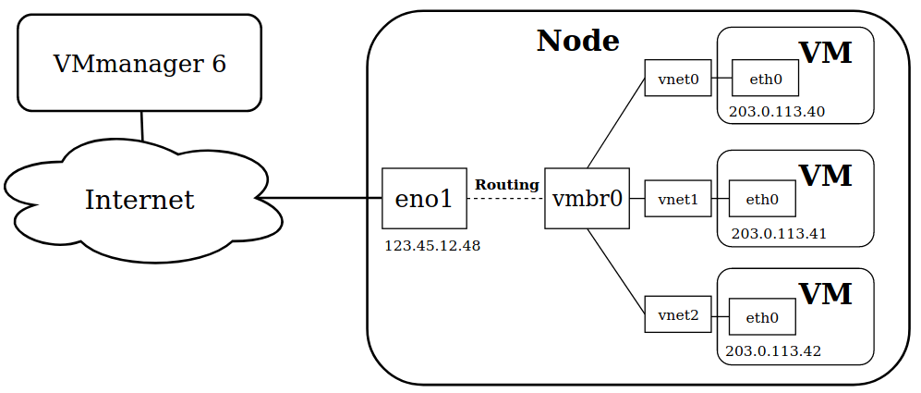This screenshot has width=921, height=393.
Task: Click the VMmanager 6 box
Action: pyautogui.click(x=139, y=62)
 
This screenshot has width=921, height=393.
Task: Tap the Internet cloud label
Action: pyautogui.click(x=139, y=200)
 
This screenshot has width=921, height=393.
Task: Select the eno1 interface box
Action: pyautogui.click(x=424, y=198)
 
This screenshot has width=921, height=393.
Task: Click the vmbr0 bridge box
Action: pyautogui.click(x=587, y=198)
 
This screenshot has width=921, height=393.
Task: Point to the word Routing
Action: pyautogui.click(x=507, y=185)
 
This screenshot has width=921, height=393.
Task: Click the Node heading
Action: pyautogui.click(x=578, y=42)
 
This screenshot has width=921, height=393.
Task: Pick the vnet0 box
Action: pyautogui.click(x=678, y=78)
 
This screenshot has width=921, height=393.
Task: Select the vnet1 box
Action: pyautogui.click(x=678, y=199)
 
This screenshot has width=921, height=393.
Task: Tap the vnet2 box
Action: pyautogui.click(x=678, y=314)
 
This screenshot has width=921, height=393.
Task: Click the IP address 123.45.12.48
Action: pyautogui.click(x=432, y=246)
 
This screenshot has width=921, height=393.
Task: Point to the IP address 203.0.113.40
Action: pyautogui.click(x=777, y=112)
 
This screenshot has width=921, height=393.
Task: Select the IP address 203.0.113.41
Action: pyautogui.click(x=779, y=234)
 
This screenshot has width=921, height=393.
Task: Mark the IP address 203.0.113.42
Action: pyautogui.click(x=773, y=351)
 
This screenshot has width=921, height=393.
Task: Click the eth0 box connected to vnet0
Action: pyautogui.click(x=765, y=78)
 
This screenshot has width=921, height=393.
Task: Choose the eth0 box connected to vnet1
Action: pyautogui.click(x=762, y=199)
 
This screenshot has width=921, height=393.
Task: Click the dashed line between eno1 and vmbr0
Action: pyautogui.click(x=505, y=198)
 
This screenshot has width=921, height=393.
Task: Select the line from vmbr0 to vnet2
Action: pyautogui.click(x=616, y=270)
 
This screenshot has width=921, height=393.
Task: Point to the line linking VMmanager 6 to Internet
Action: pyautogui.click(x=142, y=126)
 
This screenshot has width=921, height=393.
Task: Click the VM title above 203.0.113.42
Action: pyautogui.click(x=825, y=293)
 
